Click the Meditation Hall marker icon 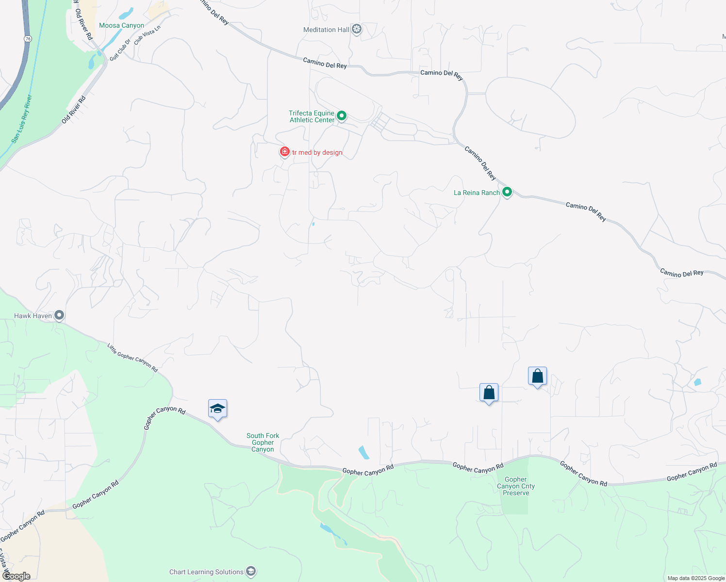coord(357,30)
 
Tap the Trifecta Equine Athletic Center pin coord(342,116)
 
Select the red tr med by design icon coord(285,152)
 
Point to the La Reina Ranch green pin coord(507,192)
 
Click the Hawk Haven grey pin coord(59,315)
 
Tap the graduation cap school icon coord(217,409)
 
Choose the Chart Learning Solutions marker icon coord(250,572)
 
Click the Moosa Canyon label coord(121,26)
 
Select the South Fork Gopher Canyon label coord(263,442)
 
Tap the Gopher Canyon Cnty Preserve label coord(515,486)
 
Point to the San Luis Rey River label coord(22,119)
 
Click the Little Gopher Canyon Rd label coord(132,357)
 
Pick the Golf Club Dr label coord(120,50)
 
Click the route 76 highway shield coord(28,39)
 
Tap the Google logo coord(16,576)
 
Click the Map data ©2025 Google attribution coord(696,578)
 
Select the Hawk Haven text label coord(33,316)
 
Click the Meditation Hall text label coord(326,30)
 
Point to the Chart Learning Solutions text coord(206,572)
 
